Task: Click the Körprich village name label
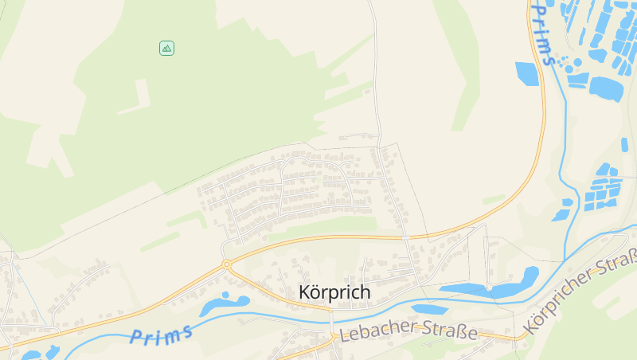pos(334,292)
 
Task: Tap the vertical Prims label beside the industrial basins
pos(544,32)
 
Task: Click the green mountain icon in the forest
pos(166,48)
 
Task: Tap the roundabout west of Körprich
pos(227,264)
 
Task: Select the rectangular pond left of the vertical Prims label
pos(526,73)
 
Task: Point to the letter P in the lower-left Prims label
pos(136,338)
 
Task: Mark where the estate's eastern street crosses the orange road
pos(406,237)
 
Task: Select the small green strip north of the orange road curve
pos(494,198)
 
